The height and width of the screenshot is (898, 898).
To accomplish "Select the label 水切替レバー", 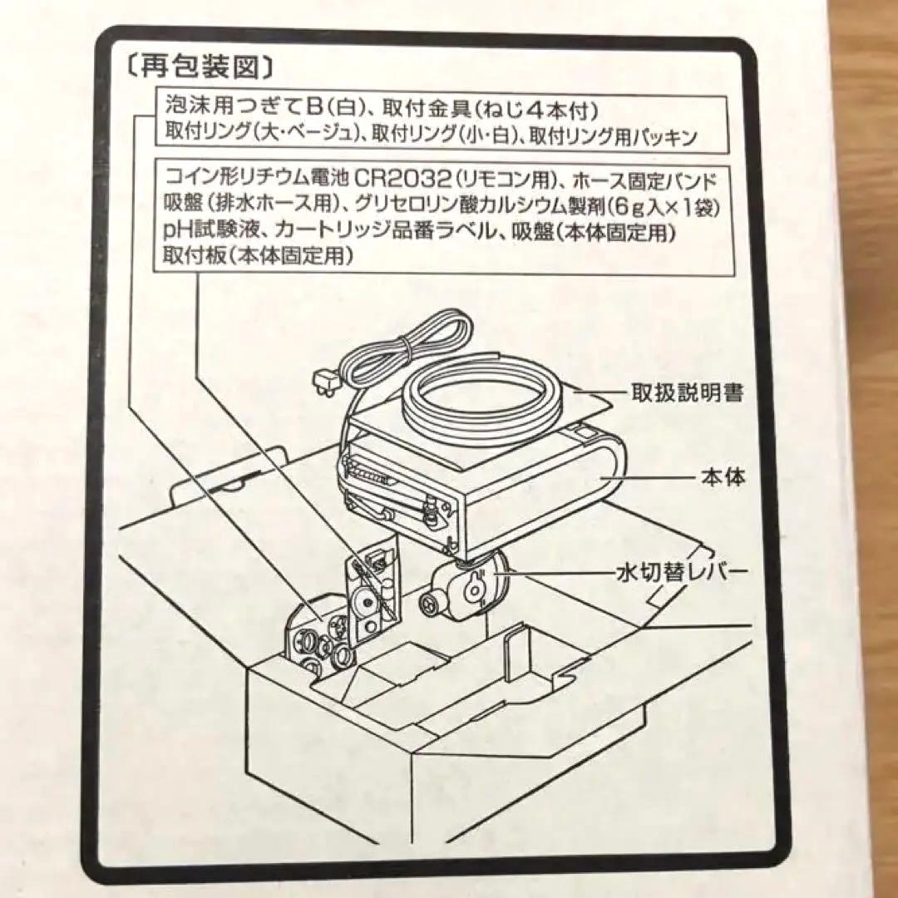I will (675, 572).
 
